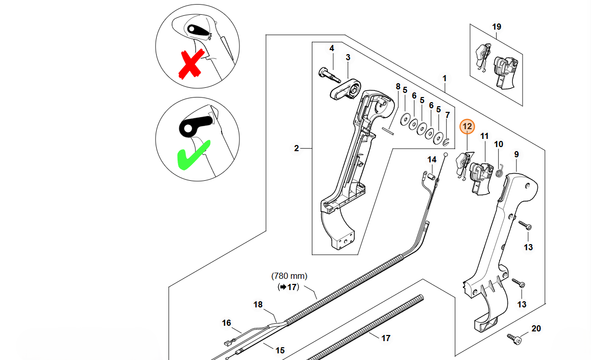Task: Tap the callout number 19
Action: point(497,27)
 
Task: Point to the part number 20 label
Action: point(536,328)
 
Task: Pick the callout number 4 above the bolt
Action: point(331,49)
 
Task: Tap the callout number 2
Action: point(297,149)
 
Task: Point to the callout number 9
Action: point(516,154)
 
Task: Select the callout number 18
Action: point(258,305)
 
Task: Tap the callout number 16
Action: point(226,323)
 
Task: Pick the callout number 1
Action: point(445,79)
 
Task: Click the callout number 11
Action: point(484,136)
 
